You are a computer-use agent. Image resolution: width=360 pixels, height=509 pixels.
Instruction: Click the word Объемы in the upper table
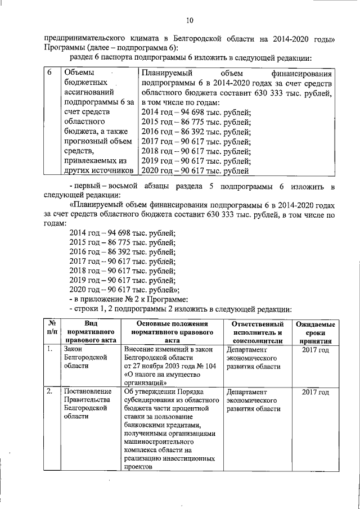point(78,73)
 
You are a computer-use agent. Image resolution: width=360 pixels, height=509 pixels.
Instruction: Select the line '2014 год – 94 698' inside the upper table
point(196,112)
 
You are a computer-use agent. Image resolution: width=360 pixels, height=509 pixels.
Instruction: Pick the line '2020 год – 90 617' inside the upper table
point(196,172)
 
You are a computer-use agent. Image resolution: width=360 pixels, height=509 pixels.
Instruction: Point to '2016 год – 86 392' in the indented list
point(122,253)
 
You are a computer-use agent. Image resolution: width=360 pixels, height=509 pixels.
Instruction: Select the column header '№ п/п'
point(51,331)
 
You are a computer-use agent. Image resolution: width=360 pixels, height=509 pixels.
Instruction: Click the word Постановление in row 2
point(87,391)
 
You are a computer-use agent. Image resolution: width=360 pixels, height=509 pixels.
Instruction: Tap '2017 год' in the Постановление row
point(315,391)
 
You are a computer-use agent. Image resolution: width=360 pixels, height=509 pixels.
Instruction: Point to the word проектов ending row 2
point(138,467)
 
